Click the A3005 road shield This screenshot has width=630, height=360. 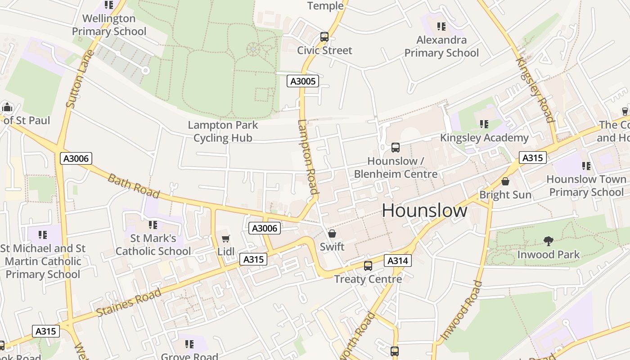pos(303,81)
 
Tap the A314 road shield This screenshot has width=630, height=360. pos(398,261)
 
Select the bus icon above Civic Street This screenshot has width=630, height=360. pos(324,37)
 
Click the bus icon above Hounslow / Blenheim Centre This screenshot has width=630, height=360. pos(396,147)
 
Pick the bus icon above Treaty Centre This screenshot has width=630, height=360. pos(368,265)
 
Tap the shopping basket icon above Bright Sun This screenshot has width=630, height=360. pos(505,181)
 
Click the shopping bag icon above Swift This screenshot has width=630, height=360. pos(332,233)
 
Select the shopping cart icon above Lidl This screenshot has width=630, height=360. pos(226,238)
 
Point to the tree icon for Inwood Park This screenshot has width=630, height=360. pos(548,241)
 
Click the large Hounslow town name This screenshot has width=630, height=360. pos(424,211)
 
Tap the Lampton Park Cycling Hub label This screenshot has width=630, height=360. pos(223,131)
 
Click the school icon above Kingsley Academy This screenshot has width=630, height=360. pos(484,124)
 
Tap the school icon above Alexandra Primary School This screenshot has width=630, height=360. pos(441,27)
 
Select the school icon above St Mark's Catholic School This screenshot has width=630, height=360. pos(153,225)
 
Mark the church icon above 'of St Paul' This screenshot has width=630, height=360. pos(7,107)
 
